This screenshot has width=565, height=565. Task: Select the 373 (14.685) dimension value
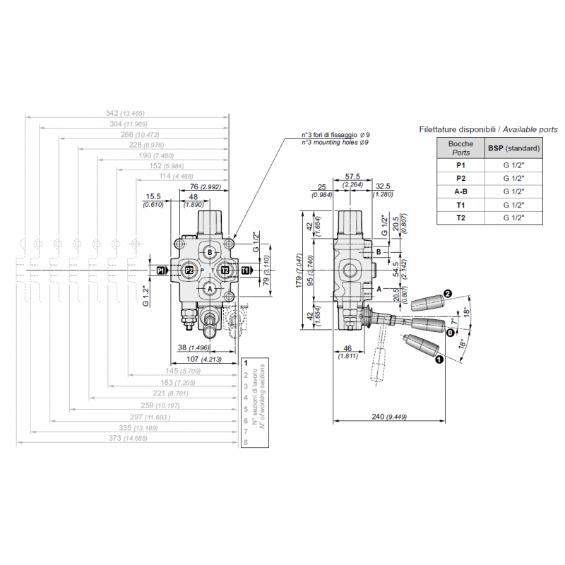pos(124,438)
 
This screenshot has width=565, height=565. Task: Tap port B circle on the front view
pos(210,251)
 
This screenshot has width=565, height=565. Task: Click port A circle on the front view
pos(210,287)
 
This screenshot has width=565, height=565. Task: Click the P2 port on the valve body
pos(189,270)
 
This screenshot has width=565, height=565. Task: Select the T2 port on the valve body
pos(224,270)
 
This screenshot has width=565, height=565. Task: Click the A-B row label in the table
pos(460,191)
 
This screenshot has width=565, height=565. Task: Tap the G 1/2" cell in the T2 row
pos(513,218)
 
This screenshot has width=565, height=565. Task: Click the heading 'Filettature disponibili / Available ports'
pos(488,129)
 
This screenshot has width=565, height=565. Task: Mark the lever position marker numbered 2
pos(446,295)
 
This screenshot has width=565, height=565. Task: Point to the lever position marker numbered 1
pos(439,359)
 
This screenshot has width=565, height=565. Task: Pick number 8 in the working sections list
pos(245,443)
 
